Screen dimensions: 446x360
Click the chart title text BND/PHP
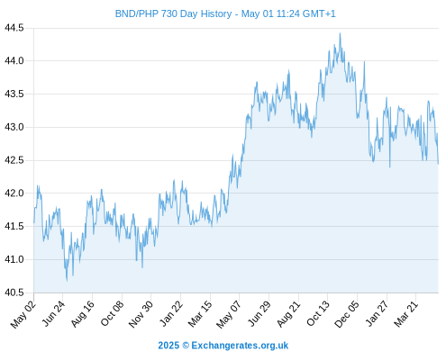click(x=137, y=13)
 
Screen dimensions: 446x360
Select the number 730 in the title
click(x=169, y=13)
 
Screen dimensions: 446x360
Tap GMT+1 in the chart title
click(x=319, y=13)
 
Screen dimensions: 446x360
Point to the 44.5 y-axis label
click(x=14, y=28)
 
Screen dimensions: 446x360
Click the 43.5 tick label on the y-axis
click(x=14, y=94)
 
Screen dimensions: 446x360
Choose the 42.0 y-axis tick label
click(x=14, y=193)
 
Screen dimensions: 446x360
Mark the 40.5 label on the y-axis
click(x=14, y=292)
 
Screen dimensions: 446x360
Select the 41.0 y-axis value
click(x=14, y=259)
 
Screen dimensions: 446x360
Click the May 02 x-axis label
click(x=23, y=314)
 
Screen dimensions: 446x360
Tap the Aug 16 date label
click(x=82, y=314)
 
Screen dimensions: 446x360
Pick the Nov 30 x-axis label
click(x=141, y=314)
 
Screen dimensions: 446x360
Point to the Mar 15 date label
click(x=200, y=314)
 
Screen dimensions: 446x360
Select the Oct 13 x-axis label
click(x=318, y=314)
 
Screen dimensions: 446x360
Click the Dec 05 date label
click(x=347, y=314)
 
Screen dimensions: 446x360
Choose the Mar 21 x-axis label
click(x=406, y=314)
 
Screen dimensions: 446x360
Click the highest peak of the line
click(x=340, y=33)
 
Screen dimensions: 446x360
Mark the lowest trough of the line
click(x=67, y=281)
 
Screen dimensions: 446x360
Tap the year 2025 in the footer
click(x=168, y=346)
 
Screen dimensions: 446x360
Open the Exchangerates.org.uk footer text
click(x=240, y=346)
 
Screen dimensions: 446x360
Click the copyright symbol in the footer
click(x=186, y=346)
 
